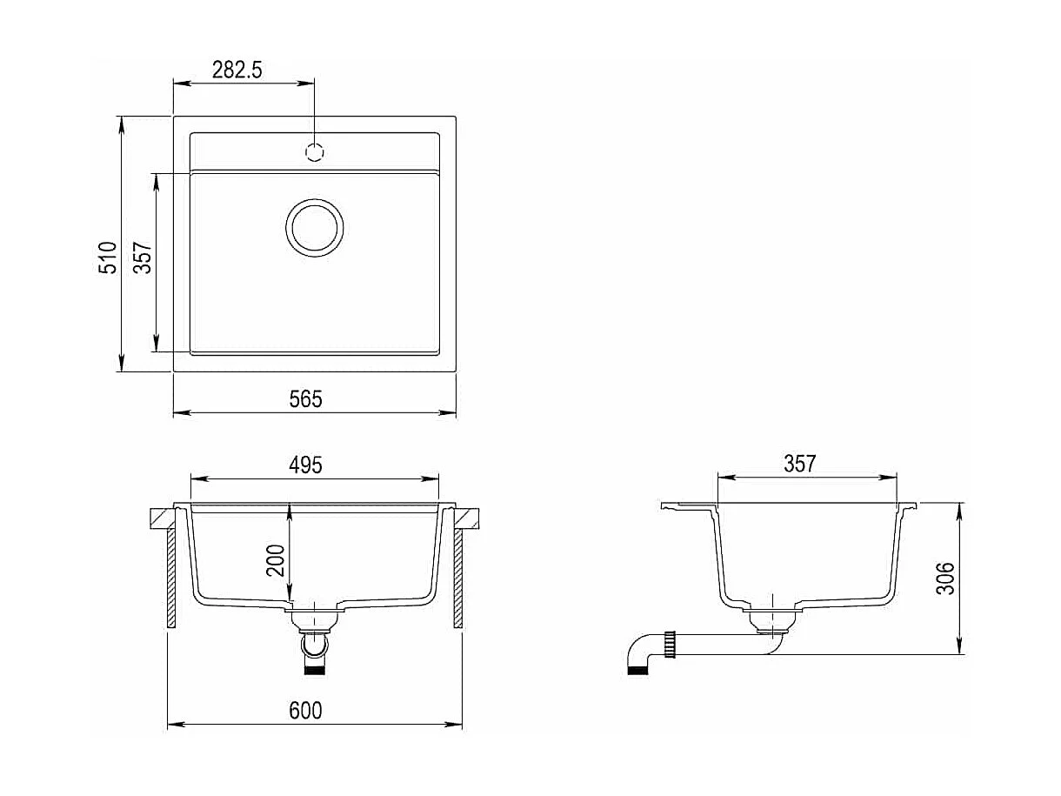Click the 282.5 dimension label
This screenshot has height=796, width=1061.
click(x=237, y=70)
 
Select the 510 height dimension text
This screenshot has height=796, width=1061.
click(x=108, y=258)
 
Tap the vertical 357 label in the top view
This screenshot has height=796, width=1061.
click(x=143, y=258)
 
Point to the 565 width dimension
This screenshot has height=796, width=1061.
click(x=305, y=398)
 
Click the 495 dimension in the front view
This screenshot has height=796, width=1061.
click(x=305, y=465)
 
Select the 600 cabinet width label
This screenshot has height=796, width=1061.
click(x=305, y=711)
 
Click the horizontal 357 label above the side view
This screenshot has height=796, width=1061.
click(x=799, y=464)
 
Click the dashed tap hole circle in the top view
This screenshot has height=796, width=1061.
click(x=315, y=151)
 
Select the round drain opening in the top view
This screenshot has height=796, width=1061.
click(x=315, y=228)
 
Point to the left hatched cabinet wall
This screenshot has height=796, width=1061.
click(x=171, y=578)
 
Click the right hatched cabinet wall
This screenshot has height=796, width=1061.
click(x=457, y=578)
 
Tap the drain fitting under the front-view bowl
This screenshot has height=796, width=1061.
click(x=315, y=619)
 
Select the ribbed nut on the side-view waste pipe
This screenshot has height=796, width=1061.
click(x=671, y=645)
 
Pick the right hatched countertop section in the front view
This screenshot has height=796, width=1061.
click(x=469, y=518)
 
